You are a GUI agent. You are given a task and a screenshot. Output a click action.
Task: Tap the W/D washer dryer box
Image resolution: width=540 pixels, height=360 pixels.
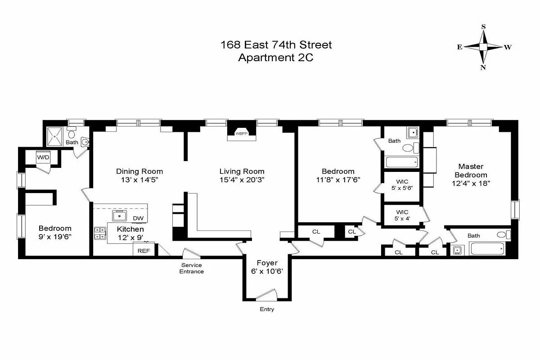(43, 157)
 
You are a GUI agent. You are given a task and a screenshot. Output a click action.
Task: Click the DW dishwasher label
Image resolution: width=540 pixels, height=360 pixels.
(138, 218)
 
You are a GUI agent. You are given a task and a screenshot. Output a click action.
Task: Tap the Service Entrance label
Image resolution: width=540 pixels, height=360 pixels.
(192, 268)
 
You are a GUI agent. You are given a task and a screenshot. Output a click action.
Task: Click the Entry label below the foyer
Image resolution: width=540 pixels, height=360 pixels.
(267, 309)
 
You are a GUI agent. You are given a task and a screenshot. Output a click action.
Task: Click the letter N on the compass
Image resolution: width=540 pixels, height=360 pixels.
(483, 67)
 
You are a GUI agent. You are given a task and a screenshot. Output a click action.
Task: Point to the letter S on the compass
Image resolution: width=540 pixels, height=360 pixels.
(484, 27)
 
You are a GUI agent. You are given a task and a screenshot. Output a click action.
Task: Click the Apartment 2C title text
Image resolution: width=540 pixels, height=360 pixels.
(276, 58)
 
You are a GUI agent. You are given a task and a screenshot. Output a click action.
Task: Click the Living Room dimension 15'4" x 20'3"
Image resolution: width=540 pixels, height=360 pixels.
(242, 180)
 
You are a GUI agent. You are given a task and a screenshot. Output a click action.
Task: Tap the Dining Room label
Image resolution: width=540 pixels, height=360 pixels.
(139, 171)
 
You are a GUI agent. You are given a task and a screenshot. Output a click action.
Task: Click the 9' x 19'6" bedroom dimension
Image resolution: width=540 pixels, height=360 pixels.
(55, 236)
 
